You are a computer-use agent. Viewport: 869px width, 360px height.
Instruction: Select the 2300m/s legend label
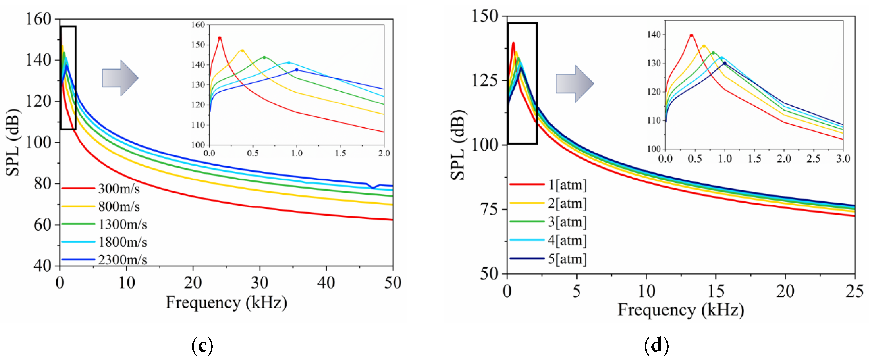point(122,259)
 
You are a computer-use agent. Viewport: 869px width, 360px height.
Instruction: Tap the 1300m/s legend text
point(122,224)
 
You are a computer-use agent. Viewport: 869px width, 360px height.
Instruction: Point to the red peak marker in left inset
point(220,38)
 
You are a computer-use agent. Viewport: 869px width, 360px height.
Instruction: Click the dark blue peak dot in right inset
point(725,63)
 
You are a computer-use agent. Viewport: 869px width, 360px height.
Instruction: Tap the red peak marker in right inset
point(691,35)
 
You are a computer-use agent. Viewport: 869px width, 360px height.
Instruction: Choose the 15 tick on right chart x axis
point(715,291)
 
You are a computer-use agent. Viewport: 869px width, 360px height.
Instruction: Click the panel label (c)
point(202,345)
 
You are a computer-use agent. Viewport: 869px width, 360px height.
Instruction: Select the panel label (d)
point(656,345)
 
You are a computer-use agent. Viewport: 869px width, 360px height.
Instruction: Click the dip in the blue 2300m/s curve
point(373,188)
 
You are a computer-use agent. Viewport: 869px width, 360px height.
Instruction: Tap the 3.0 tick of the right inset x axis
point(843,158)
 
